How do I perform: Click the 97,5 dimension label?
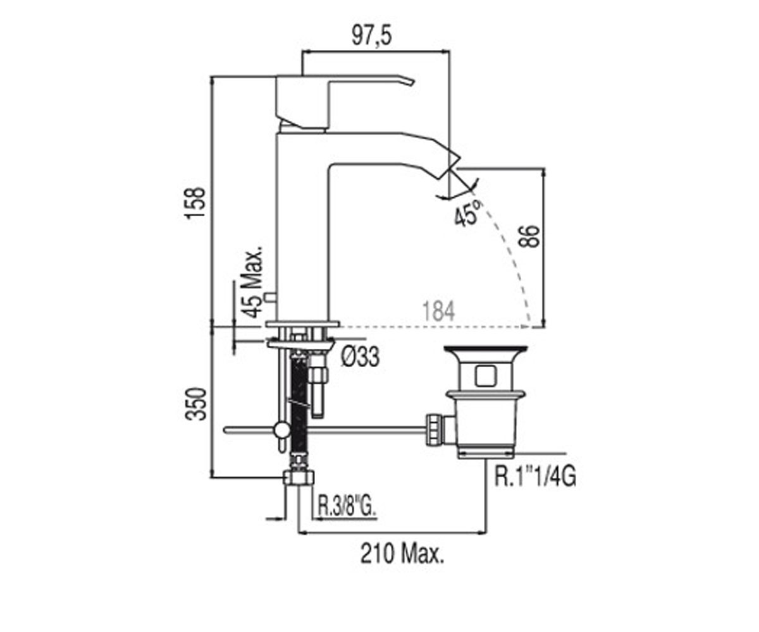371,36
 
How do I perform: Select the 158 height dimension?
195,203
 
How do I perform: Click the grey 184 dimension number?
438,311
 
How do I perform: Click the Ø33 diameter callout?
360,356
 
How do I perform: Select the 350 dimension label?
195,404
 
